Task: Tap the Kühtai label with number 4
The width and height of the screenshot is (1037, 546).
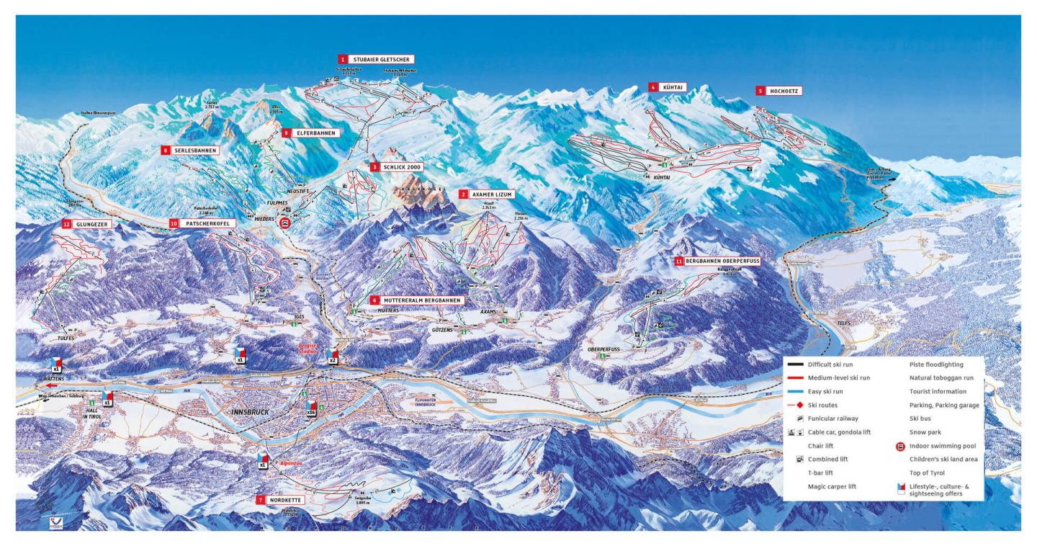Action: pyautogui.click(x=666, y=86)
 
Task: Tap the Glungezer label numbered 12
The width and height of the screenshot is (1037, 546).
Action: pyautogui.click(x=90, y=224)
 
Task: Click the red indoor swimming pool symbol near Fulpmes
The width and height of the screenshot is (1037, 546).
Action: pyautogui.click(x=285, y=224)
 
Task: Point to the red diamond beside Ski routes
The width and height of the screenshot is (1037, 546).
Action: pyautogui.click(x=795, y=406)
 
